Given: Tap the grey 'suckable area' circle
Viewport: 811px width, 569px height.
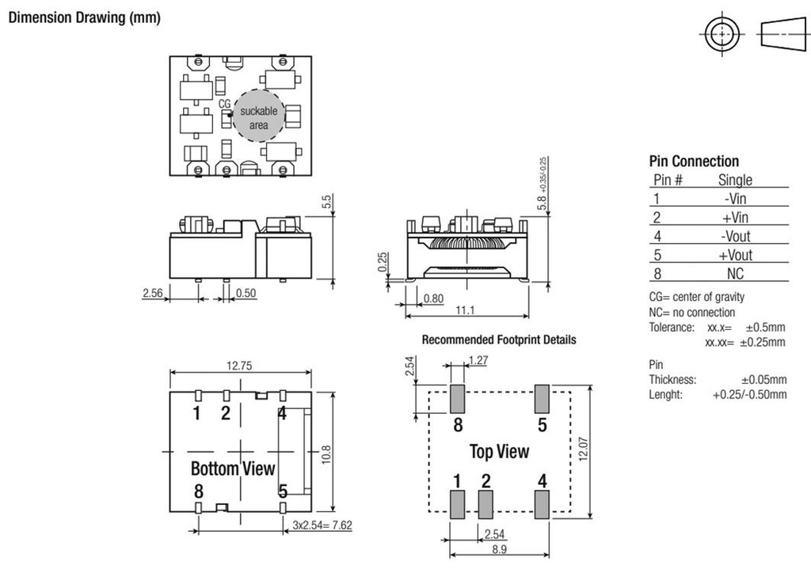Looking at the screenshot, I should pyautogui.click(x=258, y=118).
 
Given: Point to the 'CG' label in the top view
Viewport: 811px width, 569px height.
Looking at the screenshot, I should pyautogui.click(x=224, y=104).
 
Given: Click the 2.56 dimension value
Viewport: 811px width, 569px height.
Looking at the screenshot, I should pyautogui.click(x=152, y=293).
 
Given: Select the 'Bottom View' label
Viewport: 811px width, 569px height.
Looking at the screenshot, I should pyautogui.click(x=233, y=468).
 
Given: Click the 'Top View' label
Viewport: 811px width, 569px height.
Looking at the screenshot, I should pyautogui.click(x=499, y=452).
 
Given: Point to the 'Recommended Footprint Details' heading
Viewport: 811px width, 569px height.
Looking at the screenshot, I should pyautogui.click(x=499, y=340).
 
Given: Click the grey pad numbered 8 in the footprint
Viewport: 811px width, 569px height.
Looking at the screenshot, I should pyautogui.click(x=458, y=398).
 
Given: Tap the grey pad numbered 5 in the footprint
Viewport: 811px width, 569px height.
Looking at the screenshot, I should pyautogui.click(x=543, y=398).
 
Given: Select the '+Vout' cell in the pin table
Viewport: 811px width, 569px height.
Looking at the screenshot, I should pyautogui.click(x=735, y=255).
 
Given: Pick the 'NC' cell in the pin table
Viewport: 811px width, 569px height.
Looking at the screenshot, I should pyautogui.click(x=735, y=274).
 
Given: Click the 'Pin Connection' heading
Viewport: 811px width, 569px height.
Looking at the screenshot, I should pyautogui.click(x=694, y=161).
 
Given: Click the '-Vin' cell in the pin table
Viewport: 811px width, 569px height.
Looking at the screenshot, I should pyautogui.click(x=735, y=199).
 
